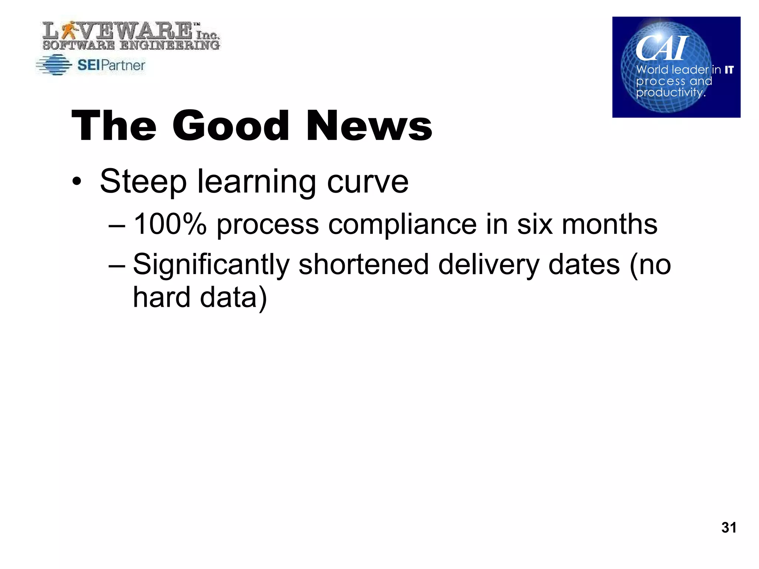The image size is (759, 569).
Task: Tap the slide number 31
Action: tap(729, 527)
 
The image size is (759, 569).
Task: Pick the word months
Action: tap(609, 224)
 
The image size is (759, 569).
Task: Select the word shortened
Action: tap(364, 264)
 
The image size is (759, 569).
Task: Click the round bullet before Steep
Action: tap(77, 182)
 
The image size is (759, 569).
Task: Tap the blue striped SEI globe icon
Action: tap(54, 65)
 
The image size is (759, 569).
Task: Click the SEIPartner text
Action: tap(111, 66)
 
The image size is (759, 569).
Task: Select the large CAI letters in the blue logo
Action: tap(661, 49)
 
